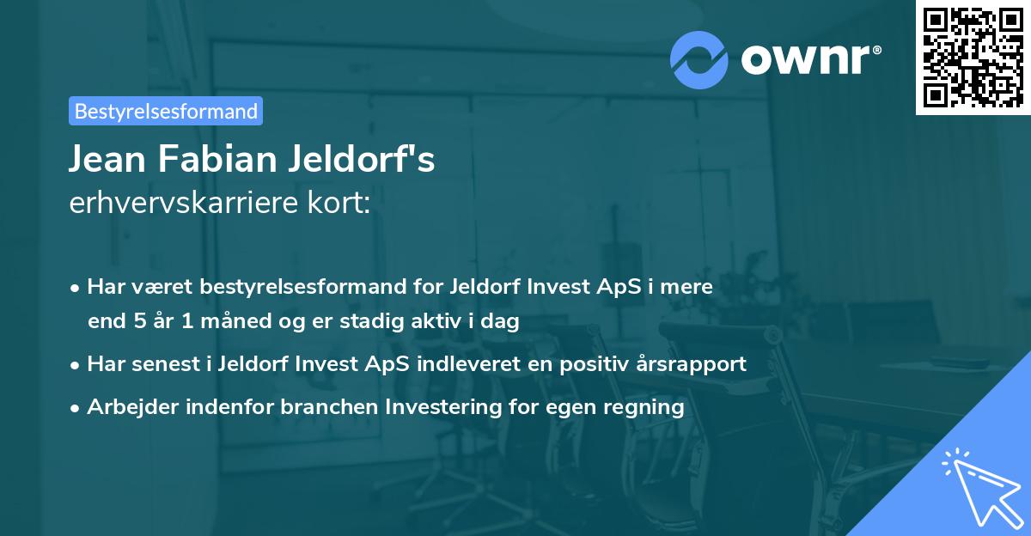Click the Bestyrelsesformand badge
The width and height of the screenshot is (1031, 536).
coord(165,111)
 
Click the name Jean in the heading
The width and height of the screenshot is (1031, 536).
coord(107,160)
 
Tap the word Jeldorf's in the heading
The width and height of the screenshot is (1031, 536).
coord(357,160)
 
